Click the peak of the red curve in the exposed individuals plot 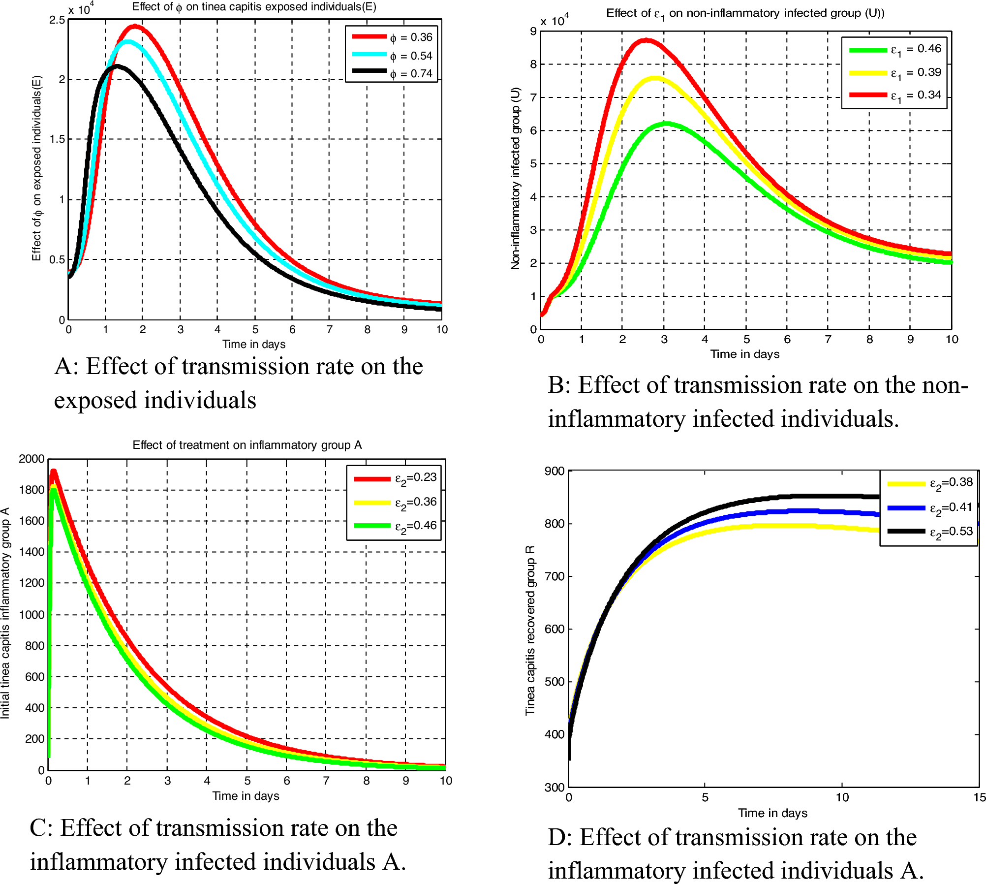[134, 26]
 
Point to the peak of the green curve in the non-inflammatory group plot [665, 124]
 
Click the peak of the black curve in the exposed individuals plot [116, 66]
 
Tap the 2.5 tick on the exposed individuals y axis [57, 20]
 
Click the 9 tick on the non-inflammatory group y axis [533, 32]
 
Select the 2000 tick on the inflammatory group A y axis [32, 459]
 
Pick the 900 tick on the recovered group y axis [555, 472]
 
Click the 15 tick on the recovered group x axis [979, 797]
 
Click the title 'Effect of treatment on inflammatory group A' [247, 445]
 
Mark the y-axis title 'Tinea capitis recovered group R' [530, 630]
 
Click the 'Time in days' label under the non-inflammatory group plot [744, 354]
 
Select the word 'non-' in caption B [945, 385]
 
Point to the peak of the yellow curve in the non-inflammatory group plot [655, 78]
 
